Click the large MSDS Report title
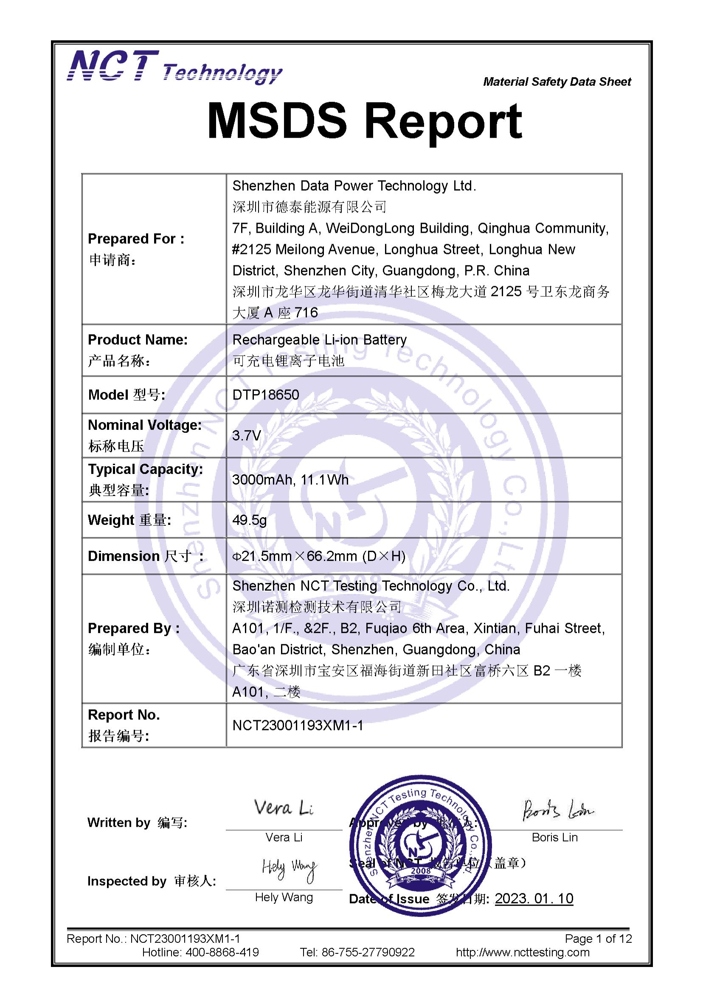pos(365,122)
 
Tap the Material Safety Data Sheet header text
pos(557,82)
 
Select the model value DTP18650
pos(265,395)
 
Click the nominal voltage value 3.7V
pos(246,435)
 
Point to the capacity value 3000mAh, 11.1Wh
pos(290,479)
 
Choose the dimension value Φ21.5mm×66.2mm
pos(319,556)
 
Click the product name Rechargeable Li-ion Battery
pos(320,340)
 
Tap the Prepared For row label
pos(136,239)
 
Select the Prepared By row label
pos(133,628)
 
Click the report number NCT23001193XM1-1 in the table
pos(298,725)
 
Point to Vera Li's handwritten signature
pos(284,808)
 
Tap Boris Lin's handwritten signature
pos(557,810)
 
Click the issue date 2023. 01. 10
pos(534,899)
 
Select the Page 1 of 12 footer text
pos(598,938)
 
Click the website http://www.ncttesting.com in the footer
pos(523,952)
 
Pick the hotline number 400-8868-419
pos(222,952)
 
